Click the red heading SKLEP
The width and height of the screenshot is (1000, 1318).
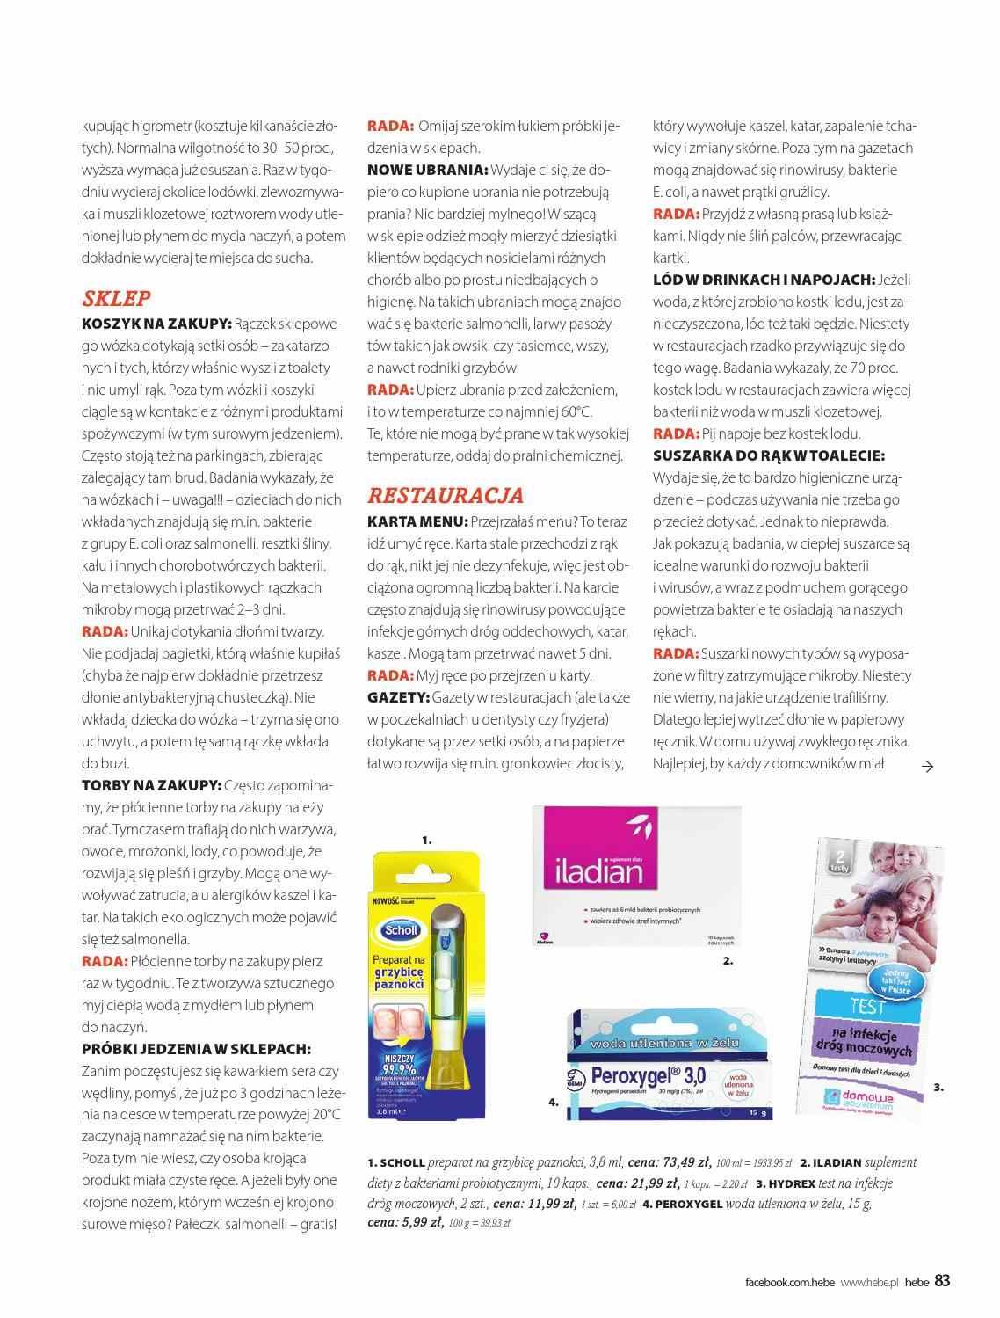click(116, 298)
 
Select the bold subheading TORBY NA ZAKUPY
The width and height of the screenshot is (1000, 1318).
click(150, 785)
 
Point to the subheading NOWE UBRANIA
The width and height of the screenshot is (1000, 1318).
click(427, 170)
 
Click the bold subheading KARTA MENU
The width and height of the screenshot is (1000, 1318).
click(417, 521)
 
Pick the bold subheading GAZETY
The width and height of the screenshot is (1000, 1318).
click(399, 697)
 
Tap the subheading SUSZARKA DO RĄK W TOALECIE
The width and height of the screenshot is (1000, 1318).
click(768, 455)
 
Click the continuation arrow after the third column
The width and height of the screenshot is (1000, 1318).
click(926, 766)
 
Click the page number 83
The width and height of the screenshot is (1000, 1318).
click(942, 1280)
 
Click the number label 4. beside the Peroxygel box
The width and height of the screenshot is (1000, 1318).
click(554, 1102)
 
